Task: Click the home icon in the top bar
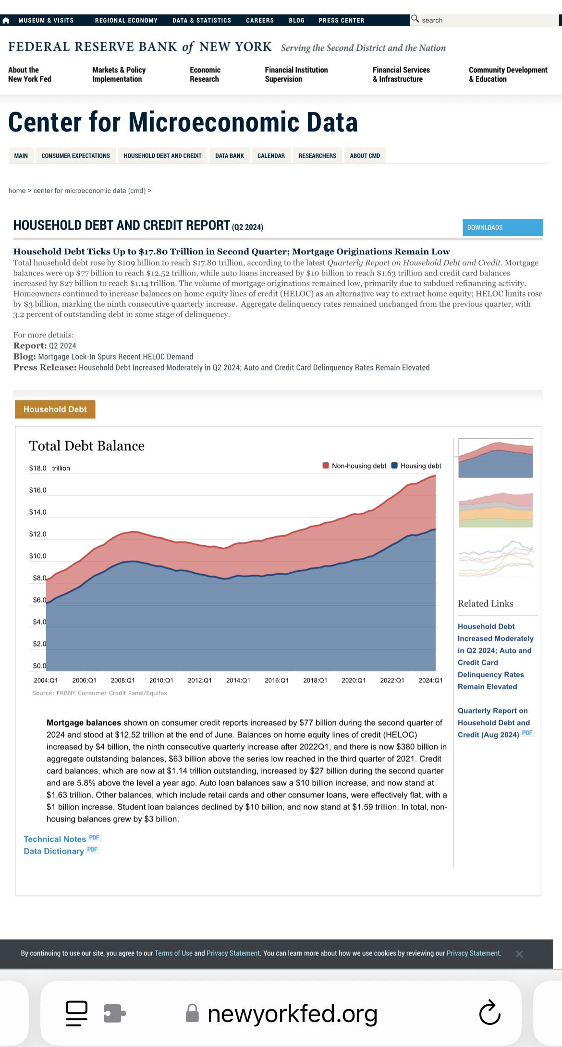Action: coord(6,21)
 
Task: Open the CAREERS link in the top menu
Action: coord(260,21)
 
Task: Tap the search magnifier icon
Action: coord(415,19)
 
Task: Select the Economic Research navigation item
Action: coord(205,74)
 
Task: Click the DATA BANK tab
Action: coord(230,156)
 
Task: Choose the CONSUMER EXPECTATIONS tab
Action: coord(75,156)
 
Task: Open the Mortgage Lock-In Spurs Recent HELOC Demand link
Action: coord(116,357)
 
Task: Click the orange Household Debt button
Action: coord(55,409)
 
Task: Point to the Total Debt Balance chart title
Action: coord(87,446)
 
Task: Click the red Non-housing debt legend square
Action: coord(326,466)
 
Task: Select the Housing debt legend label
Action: coord(421,466)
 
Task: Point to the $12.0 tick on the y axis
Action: coord(37,534)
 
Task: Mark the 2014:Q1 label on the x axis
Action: coord(238,680)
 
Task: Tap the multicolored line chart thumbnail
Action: coord(496,559)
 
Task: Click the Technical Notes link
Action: coord(55,839)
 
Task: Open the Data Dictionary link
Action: coord(54,851)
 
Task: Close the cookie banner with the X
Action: coord(519,954)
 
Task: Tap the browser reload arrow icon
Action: coord(489,1013)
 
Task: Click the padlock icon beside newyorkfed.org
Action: coord(192,1013)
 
